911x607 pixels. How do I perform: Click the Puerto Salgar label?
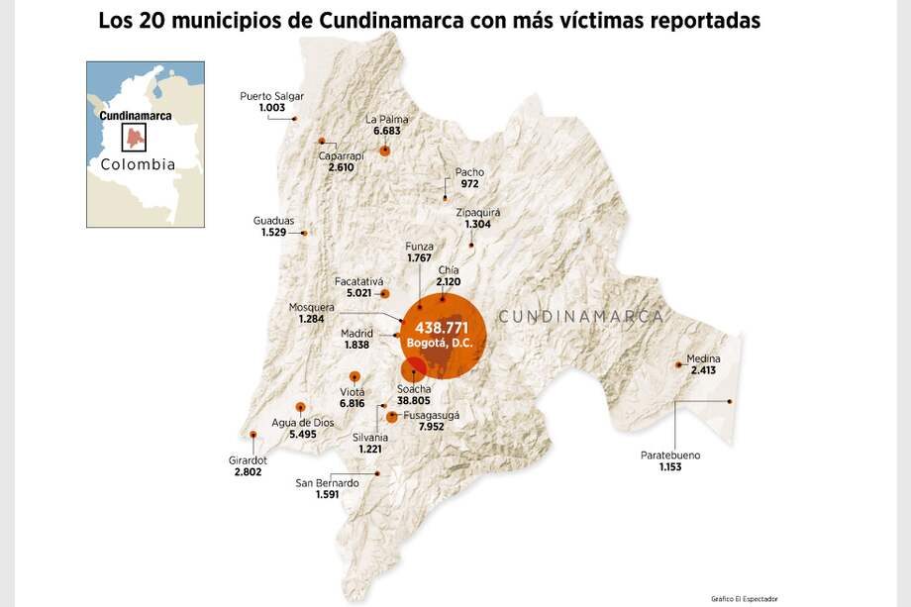271,96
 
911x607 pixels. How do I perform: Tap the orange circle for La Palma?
385,151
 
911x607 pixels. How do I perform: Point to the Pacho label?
469,172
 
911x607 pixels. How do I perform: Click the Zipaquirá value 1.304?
478,225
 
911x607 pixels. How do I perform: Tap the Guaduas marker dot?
304,234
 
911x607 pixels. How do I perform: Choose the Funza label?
420,246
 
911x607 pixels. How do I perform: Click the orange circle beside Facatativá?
385,294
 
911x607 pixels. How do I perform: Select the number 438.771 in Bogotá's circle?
441,327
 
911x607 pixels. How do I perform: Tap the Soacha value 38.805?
414,401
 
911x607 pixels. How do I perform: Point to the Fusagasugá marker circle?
392,417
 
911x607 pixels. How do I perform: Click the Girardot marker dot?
253,435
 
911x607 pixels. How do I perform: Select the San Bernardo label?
328,483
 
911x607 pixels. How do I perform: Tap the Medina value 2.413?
703,370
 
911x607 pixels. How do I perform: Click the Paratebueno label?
670,455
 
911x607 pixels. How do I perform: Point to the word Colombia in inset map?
139,164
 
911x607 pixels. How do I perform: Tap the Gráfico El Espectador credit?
744,598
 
